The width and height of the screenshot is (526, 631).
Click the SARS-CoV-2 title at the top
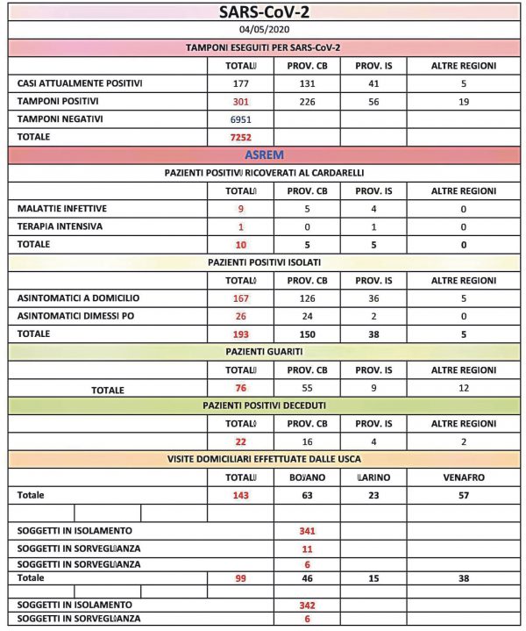pyautogui.click(x=265, y=13)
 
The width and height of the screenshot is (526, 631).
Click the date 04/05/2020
pyautogui.click(x=265, y=31)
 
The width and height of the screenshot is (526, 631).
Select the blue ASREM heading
pyautogui.click(x=265, y=154)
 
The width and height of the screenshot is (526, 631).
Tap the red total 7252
pyautogui.click(x=241, y=138)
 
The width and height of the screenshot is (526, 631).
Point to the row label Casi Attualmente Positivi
pyautogui.click(x=80, y=83)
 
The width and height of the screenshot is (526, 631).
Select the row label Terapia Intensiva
pyautogui.click(x=60, y=226)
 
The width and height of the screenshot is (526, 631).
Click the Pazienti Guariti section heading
pyautogui.click(x=265, y=352)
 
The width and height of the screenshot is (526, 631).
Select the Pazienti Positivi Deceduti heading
pyautogui.click(x=265, y=406)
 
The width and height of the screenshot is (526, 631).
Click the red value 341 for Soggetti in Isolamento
pyautogui.click(x=307, y=531)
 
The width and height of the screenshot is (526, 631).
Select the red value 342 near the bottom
pyautogui.click(x=307, y=605)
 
